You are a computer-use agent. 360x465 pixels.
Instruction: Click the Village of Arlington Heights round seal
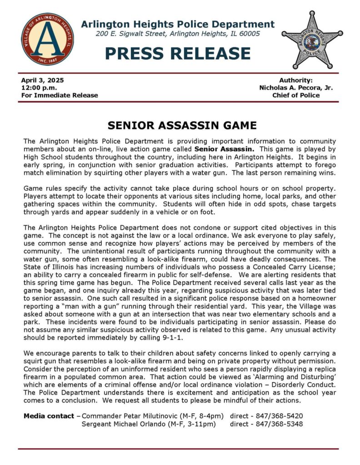[x=47, y=39]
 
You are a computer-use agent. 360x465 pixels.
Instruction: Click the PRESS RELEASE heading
[x=177, y=54]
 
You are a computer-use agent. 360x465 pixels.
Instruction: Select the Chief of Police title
[x=296, y=95]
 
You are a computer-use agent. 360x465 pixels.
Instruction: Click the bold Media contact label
[x=49, y=416]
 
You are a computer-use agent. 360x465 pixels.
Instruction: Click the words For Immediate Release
[x=60, y=95]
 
